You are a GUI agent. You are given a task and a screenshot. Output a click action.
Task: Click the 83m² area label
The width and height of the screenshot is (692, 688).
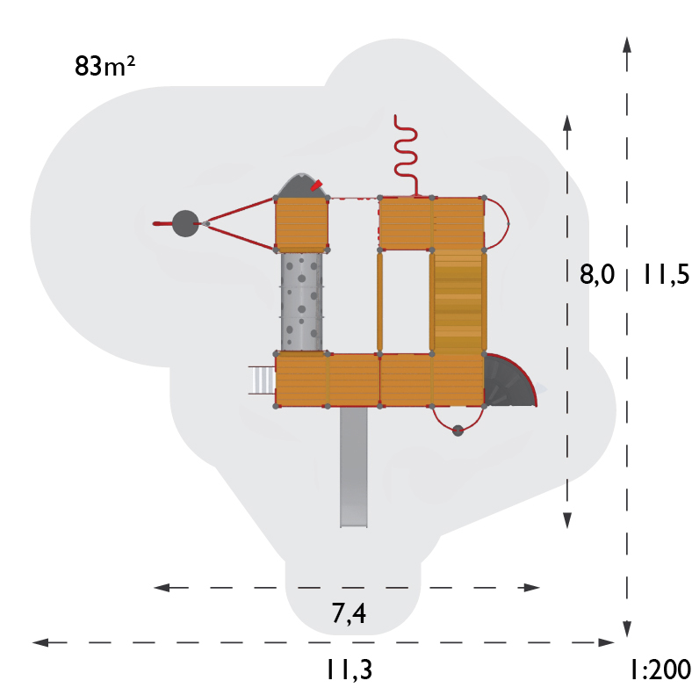[x=105, y=66]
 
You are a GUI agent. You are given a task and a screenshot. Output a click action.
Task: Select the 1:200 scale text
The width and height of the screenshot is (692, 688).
[x=660, y=670]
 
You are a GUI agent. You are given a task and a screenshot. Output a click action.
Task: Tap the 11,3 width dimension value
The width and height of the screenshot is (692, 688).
[x=349, y=670]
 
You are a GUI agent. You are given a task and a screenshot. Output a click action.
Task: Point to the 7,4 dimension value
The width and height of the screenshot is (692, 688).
[x=349, y=613]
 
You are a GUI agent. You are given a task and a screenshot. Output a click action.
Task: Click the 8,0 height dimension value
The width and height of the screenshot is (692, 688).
[x=596, y=274]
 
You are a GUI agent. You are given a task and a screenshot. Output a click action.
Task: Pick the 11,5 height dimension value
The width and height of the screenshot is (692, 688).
[x=666, y=274]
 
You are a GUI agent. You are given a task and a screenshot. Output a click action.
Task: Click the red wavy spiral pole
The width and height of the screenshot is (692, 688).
[x=406, y=155]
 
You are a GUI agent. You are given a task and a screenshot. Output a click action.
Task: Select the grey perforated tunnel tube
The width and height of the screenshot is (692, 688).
[x=301, y=301]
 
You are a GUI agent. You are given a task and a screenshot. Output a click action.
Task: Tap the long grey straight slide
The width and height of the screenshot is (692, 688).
[x=354, y=467]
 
